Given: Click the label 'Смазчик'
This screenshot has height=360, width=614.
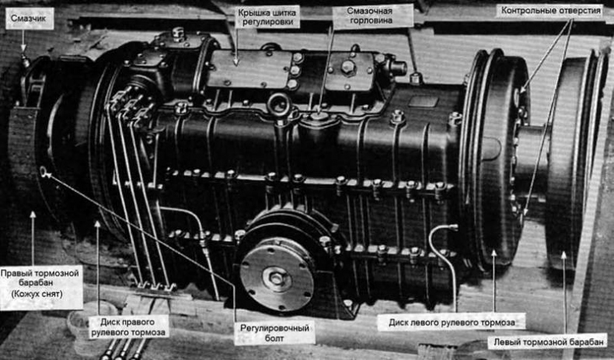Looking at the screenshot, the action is [29, 18].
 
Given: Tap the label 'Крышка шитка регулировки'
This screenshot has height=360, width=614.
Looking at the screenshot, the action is [267, 18].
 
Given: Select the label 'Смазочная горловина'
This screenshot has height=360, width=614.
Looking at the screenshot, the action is [370, 16].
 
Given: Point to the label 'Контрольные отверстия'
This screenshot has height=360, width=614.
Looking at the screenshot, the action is [550, 11].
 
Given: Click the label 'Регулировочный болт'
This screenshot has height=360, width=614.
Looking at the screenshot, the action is [274, 333].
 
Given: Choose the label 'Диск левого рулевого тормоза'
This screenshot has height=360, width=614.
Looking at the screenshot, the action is [452, 323].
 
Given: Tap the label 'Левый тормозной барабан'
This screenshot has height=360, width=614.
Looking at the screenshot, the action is [548, 342].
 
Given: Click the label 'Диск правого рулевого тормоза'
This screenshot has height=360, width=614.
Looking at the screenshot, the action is [127, 327].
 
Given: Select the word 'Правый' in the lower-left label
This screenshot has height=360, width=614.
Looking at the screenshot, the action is [16, 274].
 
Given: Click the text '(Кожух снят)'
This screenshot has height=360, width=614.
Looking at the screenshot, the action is [37, 293].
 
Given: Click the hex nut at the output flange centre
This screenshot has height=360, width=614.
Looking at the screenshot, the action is [277, 279].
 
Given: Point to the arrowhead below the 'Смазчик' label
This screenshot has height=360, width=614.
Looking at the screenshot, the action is [23, 48].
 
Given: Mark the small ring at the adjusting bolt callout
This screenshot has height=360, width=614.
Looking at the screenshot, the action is [43, 171].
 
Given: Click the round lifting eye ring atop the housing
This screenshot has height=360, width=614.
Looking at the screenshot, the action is [278, 104].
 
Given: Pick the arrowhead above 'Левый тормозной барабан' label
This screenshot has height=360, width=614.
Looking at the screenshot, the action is [564, 255].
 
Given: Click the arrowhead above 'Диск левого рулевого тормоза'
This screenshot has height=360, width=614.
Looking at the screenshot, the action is [494, 253].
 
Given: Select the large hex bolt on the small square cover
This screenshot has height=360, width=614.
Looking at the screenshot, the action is [347, 67].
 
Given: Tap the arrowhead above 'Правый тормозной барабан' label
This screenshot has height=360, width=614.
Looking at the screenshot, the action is [33, 215].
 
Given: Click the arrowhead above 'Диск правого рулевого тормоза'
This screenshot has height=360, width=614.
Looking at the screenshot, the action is [97, 225].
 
